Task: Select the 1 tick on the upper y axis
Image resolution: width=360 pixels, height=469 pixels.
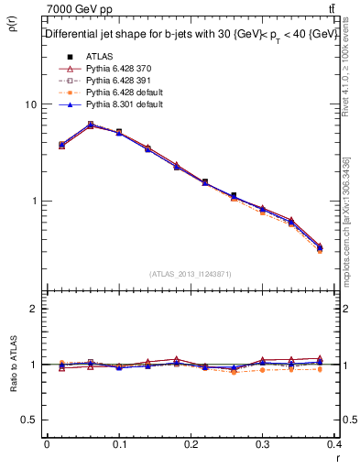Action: tap(34, 201)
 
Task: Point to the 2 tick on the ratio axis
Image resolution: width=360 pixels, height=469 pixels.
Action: tap(34, 310)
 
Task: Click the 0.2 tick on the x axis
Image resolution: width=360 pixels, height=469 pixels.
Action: tap(191, 443)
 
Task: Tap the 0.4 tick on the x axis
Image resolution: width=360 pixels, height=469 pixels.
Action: tap(334, 443)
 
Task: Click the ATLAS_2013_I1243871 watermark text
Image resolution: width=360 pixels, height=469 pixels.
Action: tap(191, 275)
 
